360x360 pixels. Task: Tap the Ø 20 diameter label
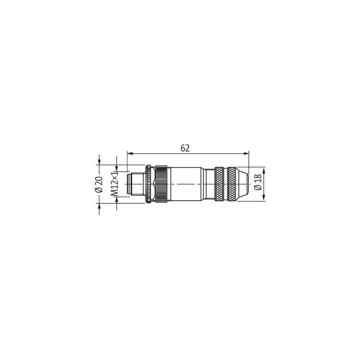pyautogui.click(x=99, y=185)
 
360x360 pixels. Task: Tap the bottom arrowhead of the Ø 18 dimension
pyautogui.click(x=265, y=198)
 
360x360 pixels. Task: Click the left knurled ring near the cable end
pyautogui.click(x=219, y=185)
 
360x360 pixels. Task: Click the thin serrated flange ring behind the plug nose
pyautogui.click(x=148, y=185)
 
